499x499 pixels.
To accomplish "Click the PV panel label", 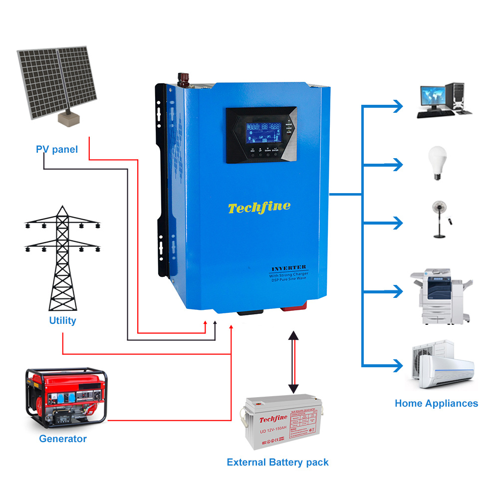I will click(x=57, y=149).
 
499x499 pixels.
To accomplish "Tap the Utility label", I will click(x=62, y=320).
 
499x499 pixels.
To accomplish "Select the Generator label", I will click(x=63, y=439).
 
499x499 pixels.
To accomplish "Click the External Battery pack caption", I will click(x=277, y=462).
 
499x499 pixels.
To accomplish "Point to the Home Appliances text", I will click(x=436, y=403).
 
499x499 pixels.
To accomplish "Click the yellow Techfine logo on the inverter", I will click(x=259, y=207).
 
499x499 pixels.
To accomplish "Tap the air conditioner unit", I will click(x=442, y=365).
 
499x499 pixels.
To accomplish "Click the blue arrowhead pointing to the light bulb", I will click(x=397, y=164).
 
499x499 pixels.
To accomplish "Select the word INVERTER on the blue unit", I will click(x=289, y=268).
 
